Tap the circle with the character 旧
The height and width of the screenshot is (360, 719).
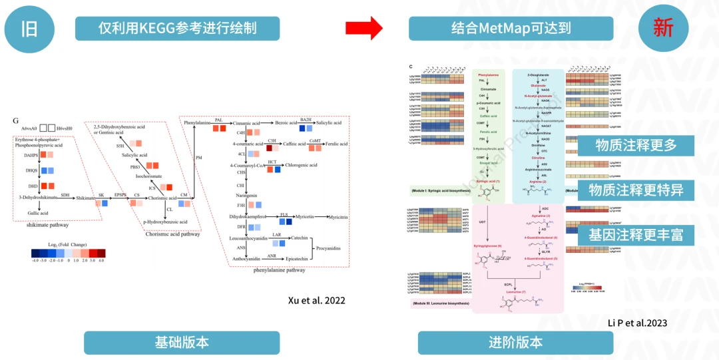coord(29,28)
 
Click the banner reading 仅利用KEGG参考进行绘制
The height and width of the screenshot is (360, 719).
coord(177,28)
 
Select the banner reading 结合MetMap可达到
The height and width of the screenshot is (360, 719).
coord(511,28)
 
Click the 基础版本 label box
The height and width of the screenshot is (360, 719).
coord(182,343)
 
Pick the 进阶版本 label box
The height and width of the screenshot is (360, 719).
coord(515,343)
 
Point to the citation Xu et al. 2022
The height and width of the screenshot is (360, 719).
coord(316,300)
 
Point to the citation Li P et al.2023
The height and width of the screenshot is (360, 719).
coord(637,323)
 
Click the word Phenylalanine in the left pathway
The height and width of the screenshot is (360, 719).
coord(197,123)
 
